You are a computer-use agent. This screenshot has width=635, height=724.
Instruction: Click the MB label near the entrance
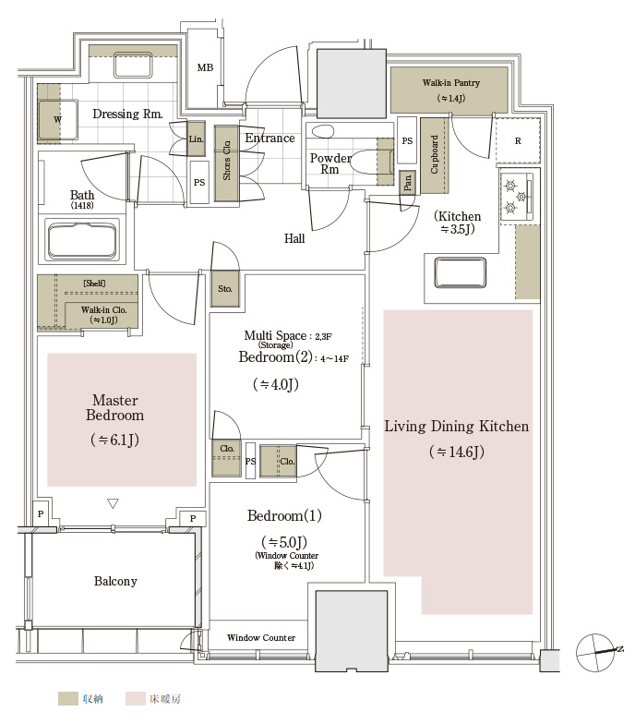205,67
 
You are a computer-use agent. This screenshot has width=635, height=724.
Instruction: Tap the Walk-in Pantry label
450,83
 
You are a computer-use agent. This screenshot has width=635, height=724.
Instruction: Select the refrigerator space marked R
518,140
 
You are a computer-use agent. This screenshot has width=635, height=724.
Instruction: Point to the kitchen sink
460,272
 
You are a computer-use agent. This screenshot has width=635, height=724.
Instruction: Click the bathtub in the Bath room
82,240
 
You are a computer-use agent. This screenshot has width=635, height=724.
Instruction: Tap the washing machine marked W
57,120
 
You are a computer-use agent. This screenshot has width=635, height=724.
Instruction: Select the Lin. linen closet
196,139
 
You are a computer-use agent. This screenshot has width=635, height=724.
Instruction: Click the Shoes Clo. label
227,161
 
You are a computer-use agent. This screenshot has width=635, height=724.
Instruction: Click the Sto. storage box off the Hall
225,289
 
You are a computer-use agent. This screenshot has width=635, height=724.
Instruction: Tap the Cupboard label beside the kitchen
434,154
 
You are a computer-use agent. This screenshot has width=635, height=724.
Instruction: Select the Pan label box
408,182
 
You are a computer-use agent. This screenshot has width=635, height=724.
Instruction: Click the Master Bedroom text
114,407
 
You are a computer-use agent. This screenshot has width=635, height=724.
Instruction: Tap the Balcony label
115,581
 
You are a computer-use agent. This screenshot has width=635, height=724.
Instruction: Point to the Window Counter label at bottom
261,637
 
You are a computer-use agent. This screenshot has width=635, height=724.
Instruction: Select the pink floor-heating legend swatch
135,698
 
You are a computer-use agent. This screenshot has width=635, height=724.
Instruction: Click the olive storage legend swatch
68,698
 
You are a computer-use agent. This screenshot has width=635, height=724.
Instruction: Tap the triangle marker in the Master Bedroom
113,503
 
